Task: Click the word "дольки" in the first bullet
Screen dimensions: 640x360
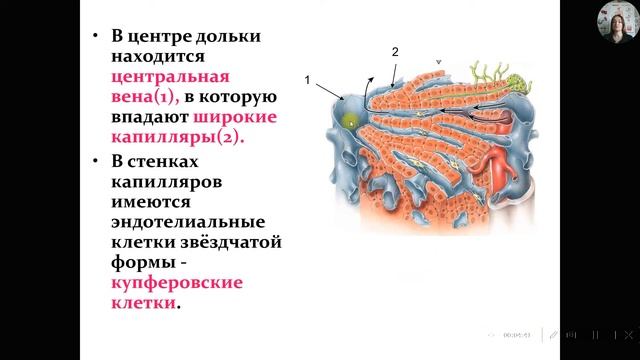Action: point(221,36)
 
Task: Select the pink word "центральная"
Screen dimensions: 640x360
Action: point(170,77)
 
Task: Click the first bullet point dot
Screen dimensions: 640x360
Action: point(93,36)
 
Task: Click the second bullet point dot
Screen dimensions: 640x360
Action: point(93,160)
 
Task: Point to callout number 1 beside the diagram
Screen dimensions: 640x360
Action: point(307,78)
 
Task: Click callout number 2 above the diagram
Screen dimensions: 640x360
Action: point(395,51)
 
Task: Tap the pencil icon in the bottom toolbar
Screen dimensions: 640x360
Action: point(551,334)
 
